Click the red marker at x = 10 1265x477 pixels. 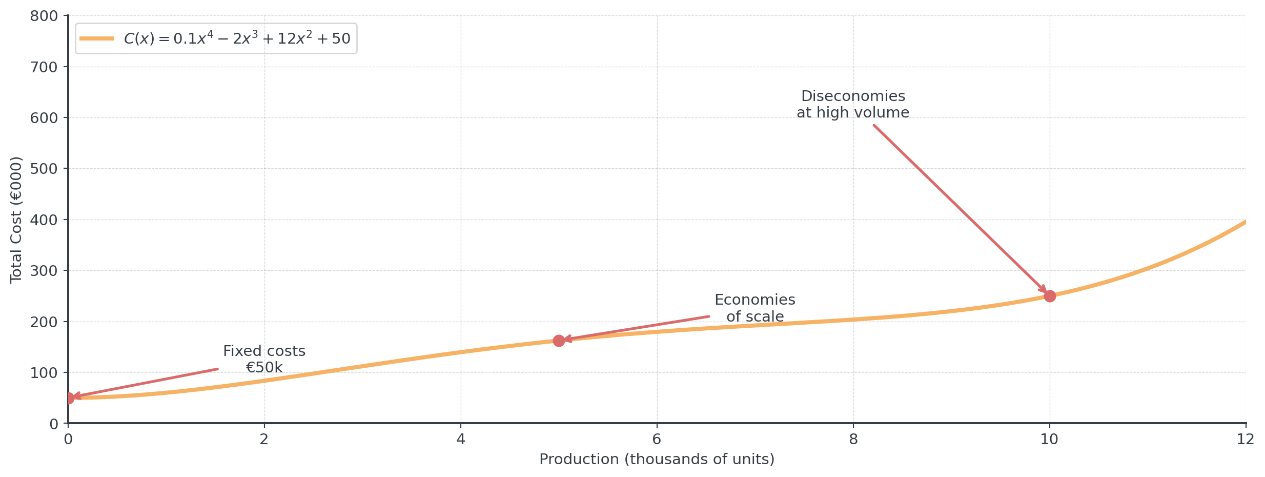coord(1050,296)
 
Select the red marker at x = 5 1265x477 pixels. coord(559,341)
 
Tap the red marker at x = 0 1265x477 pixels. coord(68,398)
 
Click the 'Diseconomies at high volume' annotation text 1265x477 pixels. coord(853,104)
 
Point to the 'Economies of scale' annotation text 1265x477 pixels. coord(754,308)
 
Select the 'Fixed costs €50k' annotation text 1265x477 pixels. coord(264,359)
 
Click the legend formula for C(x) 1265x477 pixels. coord(237,38)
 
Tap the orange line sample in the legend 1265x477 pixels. coord(97,38)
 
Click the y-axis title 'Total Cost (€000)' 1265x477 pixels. coord(16,220)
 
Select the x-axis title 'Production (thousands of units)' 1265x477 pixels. coord(657,459)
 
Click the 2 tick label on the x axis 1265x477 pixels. coord(264,439)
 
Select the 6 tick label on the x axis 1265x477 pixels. coord(657,439)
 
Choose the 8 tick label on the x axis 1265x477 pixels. coord(853,439)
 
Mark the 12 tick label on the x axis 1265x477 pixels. coord(1246,439)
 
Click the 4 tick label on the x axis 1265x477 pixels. coord(461,439)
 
